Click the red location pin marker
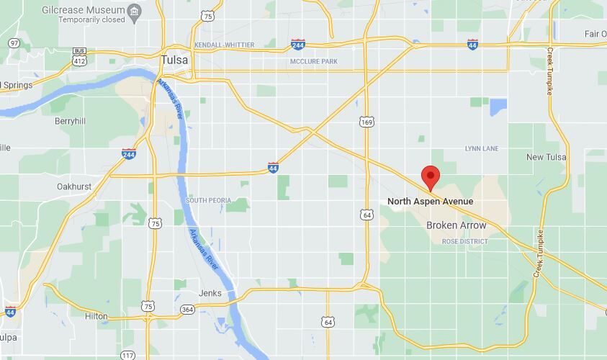tap(430, 176)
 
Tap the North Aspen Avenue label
tap(430, 202)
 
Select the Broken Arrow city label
tap(456, 225)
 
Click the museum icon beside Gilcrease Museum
tap(134, 12)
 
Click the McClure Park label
tap(313, 62)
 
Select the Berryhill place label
tap(71, 122)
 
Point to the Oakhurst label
tap(74, 186)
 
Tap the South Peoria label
tap(209, 199)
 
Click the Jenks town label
tap(211, 293)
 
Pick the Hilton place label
tap(96, 316)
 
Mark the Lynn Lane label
tap(482, 148)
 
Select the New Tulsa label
tap(546, 157)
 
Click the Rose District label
tap(464, 241)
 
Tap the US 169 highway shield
tap(367, 122)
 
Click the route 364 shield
tap(187, 310)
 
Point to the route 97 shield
tap(14, 44)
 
